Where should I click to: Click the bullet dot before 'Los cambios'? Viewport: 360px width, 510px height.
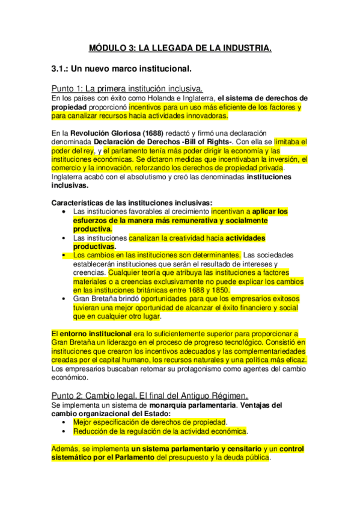pos(64,256)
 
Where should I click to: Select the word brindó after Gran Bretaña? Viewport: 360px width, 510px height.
pos(124,299)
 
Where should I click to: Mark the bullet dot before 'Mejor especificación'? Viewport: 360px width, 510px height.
pos(64,422)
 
